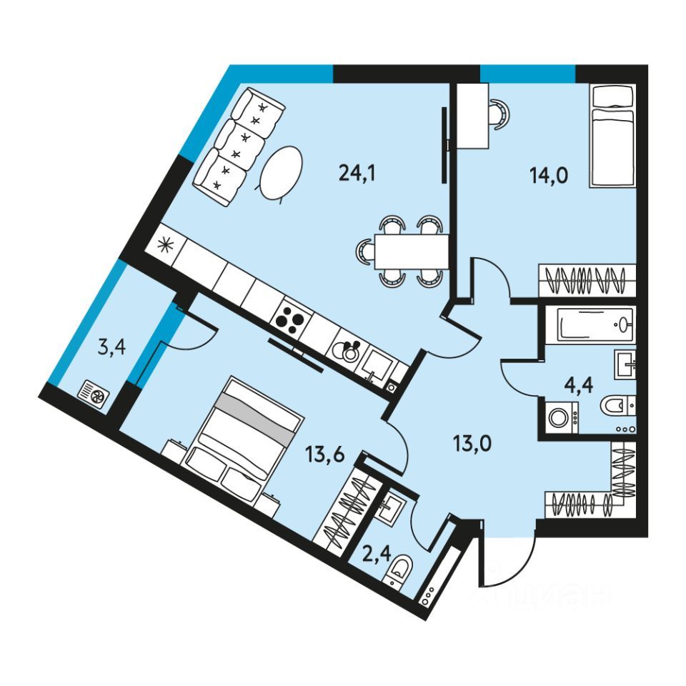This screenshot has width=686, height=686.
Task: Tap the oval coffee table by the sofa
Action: [x=280, y=173]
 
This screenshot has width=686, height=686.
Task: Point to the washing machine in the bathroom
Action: [x=561, y=418]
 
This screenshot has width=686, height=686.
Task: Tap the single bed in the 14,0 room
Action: [x=612, y=137]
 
